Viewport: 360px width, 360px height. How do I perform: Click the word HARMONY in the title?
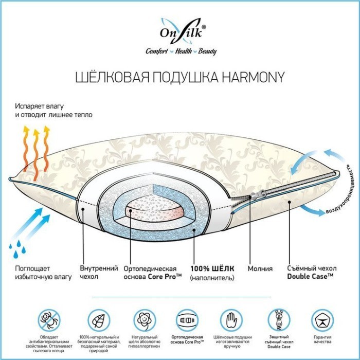click(x=253, y=77)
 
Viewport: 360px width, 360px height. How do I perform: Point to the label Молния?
click(x=260, y=268)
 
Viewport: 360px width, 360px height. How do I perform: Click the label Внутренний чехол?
click(x=99, y=272)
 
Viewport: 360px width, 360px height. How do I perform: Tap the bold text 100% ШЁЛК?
click(x=212, y=268)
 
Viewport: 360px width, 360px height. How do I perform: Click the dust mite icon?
click(x=49, y=320)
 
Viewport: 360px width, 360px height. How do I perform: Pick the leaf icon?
click(x=99, y=320)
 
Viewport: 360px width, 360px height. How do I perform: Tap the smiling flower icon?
click(x=145, y=320)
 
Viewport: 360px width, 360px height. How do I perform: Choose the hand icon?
click(x=231, y=320)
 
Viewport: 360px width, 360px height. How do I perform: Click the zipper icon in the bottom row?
click(x=279, y=320)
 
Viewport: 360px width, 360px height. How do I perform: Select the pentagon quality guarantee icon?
click(x=322, y=320)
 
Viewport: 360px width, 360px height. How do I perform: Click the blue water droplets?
click(x=17, y=248)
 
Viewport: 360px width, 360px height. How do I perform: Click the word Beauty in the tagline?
click(x=207, y=51)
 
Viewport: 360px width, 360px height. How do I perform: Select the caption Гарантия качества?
click(x=322, y=339)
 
